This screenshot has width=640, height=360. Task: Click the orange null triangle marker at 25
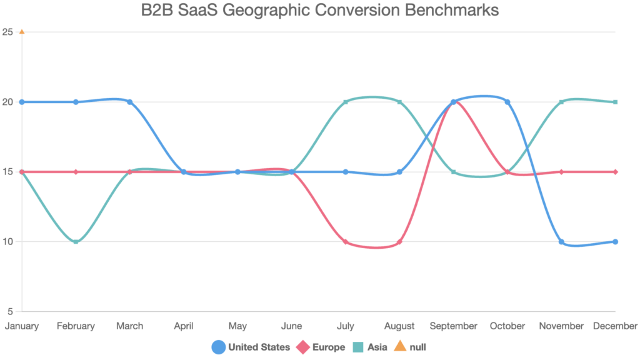22,32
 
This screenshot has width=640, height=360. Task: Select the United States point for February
76,102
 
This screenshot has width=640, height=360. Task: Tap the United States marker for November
561,242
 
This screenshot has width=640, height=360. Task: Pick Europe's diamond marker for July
346,242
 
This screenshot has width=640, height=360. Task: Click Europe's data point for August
399,242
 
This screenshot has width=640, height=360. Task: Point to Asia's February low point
76,242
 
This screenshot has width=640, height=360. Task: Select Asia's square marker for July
346,102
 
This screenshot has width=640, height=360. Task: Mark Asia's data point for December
616,102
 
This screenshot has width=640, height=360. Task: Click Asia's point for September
453,172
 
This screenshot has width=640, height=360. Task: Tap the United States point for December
616,242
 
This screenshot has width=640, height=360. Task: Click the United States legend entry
251,347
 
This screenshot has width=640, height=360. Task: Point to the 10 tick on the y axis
10,242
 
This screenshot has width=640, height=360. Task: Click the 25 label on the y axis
10,32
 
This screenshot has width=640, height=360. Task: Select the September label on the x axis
453,326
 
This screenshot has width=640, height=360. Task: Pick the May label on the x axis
237,326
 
